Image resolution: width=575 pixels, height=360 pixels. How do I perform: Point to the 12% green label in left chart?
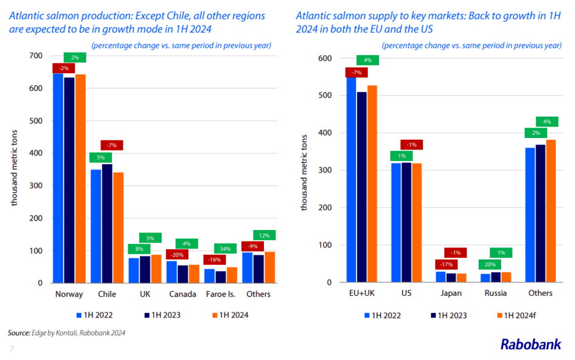tap(264, 235)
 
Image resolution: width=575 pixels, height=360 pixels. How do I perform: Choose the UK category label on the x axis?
tap(145, 294)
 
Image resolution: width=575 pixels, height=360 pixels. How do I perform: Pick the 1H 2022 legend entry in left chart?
tap(94, 315)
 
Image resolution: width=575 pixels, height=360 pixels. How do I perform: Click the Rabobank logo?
tap(530, 344)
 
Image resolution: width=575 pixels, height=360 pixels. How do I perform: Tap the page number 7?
tap(11, 349)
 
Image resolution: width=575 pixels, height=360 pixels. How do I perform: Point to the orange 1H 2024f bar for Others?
tap(551, 211)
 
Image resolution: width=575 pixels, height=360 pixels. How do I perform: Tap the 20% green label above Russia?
tap(490, 264)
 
